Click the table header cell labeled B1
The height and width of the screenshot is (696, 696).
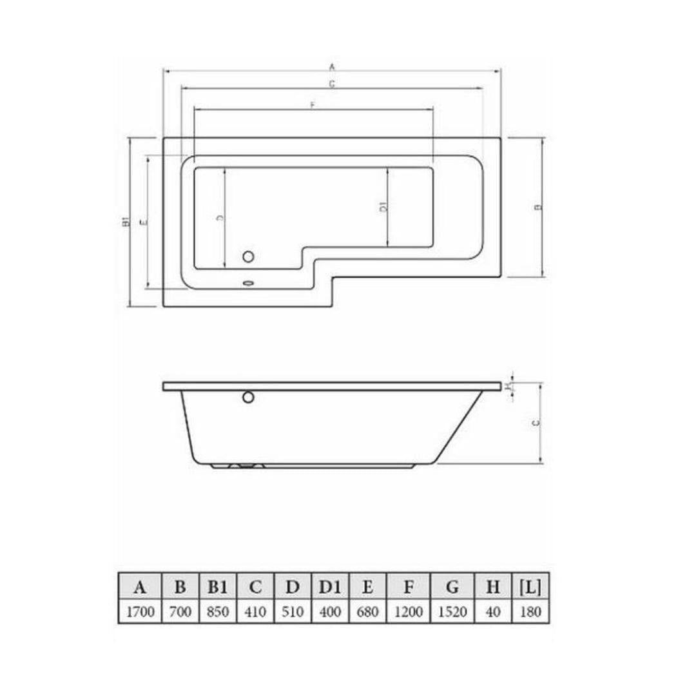[218, 587]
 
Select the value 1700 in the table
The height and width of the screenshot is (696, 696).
[140, 611]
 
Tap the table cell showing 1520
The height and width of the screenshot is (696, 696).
[452, 611]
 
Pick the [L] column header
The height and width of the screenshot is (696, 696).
[530, 587]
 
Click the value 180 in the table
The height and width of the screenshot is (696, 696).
[530, 611]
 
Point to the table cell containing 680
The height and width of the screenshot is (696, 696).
[368, 611]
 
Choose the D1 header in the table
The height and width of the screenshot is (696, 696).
[330, 587]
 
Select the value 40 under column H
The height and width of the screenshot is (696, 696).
[493, 611]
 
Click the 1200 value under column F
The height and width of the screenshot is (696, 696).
[409, 611]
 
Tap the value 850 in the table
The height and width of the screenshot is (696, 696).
[218, 611]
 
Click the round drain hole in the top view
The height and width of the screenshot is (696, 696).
[248, 256]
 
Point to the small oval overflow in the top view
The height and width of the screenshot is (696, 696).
[248, 282]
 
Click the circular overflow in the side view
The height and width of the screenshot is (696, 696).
[248, 397]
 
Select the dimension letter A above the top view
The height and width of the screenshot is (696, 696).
[332, 66]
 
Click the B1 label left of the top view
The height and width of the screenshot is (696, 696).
[126, 222]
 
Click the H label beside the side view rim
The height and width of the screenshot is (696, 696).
[508, 387]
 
